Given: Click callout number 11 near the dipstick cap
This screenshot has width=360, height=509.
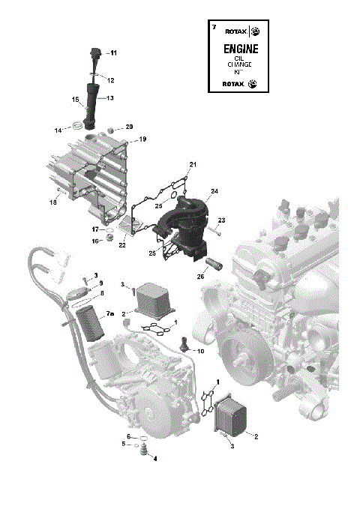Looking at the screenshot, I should point(113,53).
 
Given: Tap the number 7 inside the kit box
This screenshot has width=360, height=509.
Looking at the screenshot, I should point(214,27).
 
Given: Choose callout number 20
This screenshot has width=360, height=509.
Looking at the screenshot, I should point(128,127).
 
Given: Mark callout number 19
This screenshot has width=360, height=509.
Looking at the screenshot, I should point(142,139).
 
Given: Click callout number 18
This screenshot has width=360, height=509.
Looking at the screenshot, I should point(53,202).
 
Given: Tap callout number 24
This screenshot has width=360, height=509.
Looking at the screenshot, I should point(214,192).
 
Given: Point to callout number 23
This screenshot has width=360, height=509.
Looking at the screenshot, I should point(221,220).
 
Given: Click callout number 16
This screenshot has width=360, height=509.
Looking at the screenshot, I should point(95,241).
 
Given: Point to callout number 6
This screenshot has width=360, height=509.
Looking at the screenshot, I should point(128,436).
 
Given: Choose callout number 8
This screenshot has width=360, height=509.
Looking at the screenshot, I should point(102,293).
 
